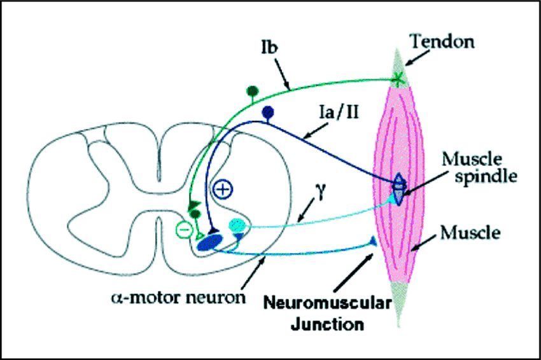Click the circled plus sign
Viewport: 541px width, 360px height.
[223, 189]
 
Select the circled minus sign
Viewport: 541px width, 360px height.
[183, 228]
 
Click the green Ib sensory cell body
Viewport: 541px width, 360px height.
[253, 91]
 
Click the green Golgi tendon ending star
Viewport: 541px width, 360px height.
[398, 79]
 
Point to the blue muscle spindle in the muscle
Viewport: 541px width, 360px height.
[398, 189]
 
